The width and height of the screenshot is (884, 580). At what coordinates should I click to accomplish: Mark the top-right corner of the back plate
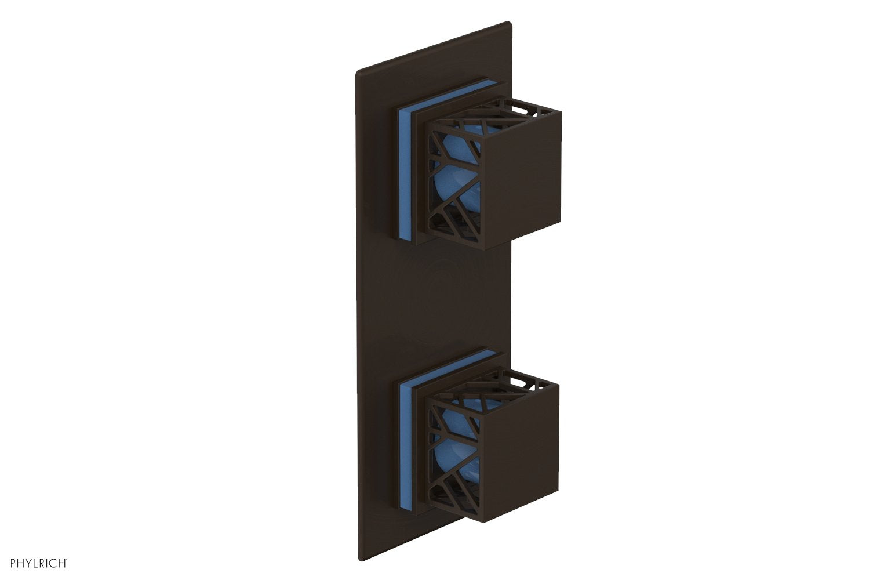point(509,24)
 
